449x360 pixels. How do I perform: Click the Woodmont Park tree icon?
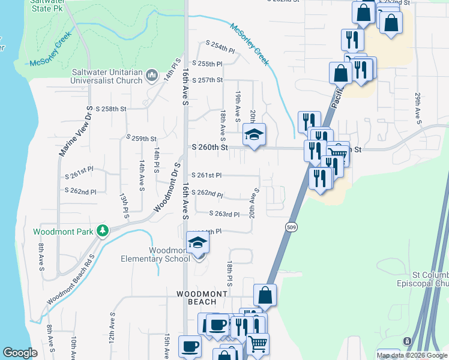[103, 230]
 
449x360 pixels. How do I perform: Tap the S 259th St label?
[141, 138]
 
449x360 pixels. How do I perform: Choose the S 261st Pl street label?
[207, 175]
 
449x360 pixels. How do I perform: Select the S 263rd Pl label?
[224, 214]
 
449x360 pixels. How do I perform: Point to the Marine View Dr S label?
[75, 131]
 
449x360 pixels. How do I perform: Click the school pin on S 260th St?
[254, 135]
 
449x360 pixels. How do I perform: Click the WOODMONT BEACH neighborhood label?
[202, 298]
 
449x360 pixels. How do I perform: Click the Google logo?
[20, 353]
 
